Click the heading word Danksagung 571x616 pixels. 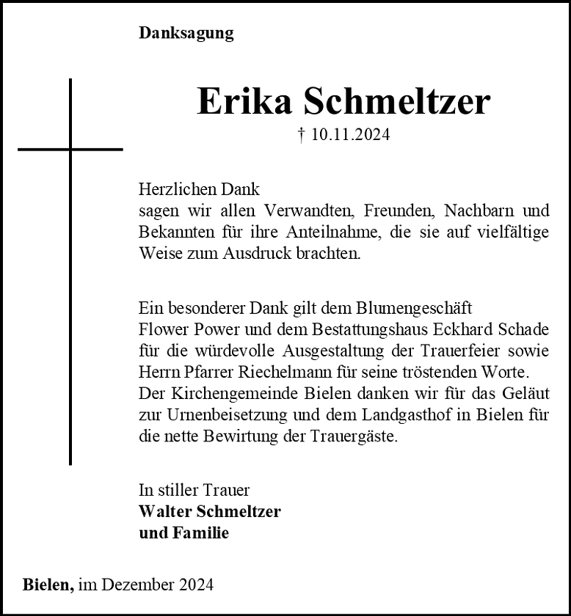(x=186, y=34)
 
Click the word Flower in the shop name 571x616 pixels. (x=164, y=329)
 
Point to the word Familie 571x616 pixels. (x=200, y=533)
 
